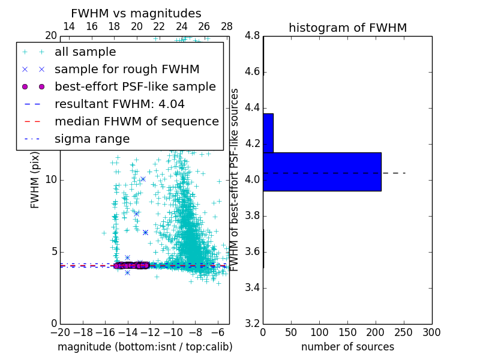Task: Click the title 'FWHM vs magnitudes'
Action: pyautogui.click(x=136, y=13)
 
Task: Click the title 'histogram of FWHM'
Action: pyautogui.click(x=347, y=28)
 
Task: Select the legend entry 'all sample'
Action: pyautogui.click(x=85, y=52)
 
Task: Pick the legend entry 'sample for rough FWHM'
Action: pyautogui.click(x=118, y=70)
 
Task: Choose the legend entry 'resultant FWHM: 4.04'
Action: pyautogui.click(x=119, y=104)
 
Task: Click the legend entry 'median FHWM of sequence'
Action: pyautogui.click(x=136, y=121)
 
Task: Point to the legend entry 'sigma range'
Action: pyautogui.click(x=92, y=139)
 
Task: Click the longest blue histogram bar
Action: pyautogui.click(x=322, y=172)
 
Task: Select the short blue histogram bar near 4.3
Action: pyautogui.click(x=268, y=133)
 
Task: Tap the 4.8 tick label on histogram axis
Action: pyautogui.click(x=253, y=36)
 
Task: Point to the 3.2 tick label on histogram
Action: pyautogui.click(x=253, y=323)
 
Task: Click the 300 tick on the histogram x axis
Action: pyautogui.click(x=431, y=332)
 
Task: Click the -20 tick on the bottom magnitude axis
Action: pyautogui.click(x=60, y=332)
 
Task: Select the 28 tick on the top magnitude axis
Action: pyautogui.click(x=227, y=26)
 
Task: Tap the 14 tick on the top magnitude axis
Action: pyautogui.click(x=69, y=26)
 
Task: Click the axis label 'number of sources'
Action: pyautogui.click(x=347, y=347)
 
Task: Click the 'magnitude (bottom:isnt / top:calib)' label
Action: pyautogui.click(x=145, y=347)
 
